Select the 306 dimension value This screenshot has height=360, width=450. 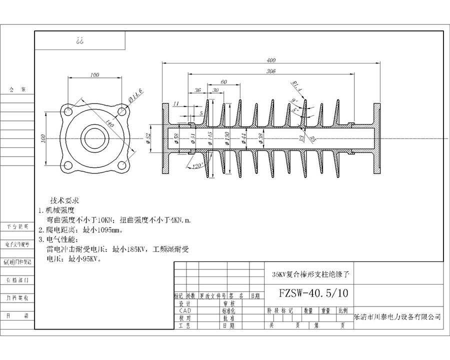click(270, 71)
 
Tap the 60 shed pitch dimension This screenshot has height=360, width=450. click(223, 81)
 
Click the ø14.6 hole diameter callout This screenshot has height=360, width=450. click(135, 93)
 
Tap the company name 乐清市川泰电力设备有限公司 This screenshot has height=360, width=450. click(397, 317)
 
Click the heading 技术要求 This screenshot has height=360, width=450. click(66, 199)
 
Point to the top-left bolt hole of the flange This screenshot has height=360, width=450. click(67, 110)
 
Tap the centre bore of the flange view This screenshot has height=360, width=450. click(94, 137)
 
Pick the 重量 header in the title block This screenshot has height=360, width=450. click(325, 310)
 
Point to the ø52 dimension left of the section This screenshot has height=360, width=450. click(148, 137)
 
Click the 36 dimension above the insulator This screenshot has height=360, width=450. click(197, 90)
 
